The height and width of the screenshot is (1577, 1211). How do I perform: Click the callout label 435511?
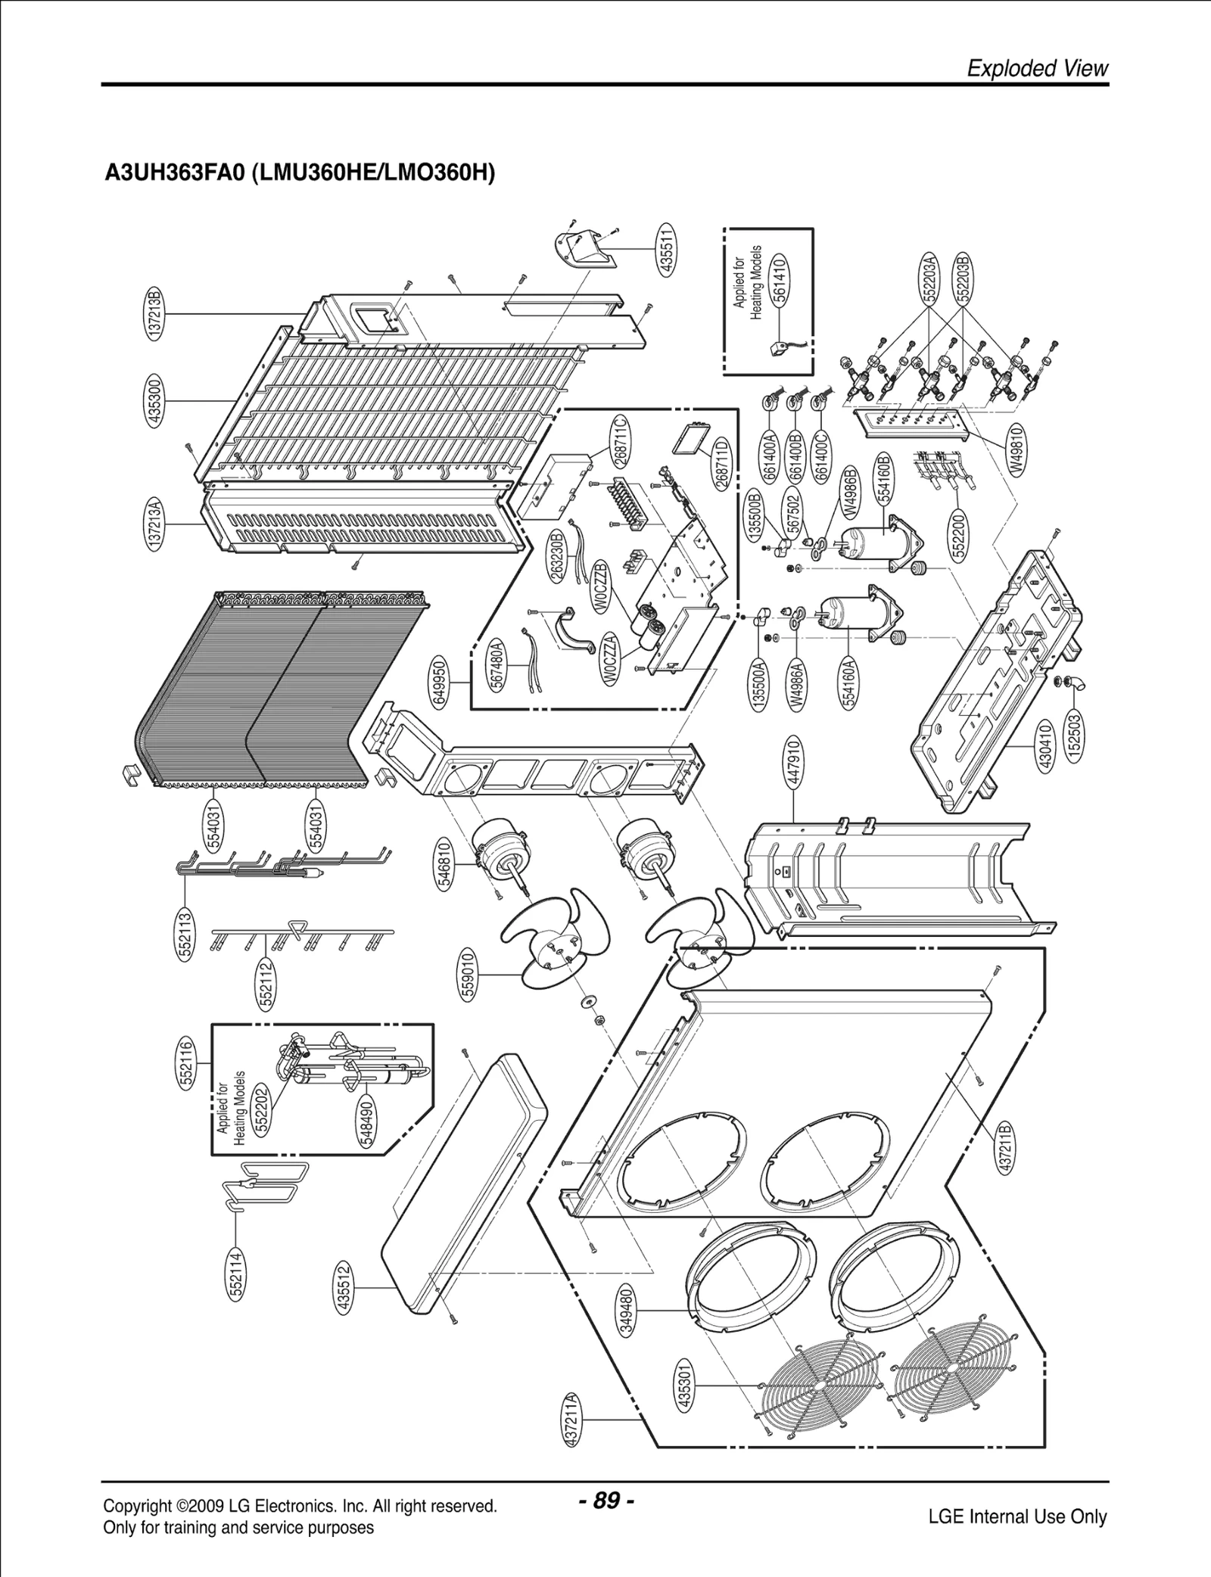pos(667,250)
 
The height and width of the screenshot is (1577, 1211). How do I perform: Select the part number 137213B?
pos(155,313)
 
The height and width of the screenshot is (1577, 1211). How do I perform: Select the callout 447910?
pos(793,763)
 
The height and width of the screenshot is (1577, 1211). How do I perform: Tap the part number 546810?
pos(445,863)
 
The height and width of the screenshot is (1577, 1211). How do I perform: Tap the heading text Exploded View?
pos(1038,68)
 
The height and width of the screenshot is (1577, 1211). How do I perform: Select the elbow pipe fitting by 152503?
pos(1079,683)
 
